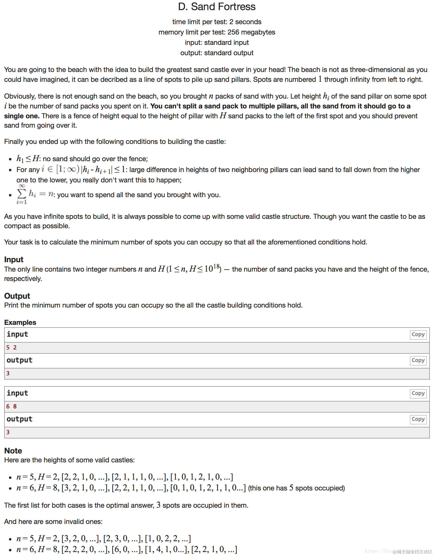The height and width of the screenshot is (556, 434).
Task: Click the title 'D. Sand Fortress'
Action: (x=217, y=7)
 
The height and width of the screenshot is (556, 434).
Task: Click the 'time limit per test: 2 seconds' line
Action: (x=217, y=22)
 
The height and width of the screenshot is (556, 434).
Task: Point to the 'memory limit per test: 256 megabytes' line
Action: (x=217, y=32)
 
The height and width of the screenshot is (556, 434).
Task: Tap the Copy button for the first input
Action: (x=418, y=334)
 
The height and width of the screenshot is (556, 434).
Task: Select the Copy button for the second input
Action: (x=418, y=393)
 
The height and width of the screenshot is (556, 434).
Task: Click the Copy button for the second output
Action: (x=418, y=419)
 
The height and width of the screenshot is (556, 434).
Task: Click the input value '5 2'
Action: (x=11, y=348)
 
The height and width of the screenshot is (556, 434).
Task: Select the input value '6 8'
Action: (x=11, y=407)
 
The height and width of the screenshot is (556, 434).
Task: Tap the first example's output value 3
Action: (x=8, y=373)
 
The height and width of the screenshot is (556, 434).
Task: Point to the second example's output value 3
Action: (x=8, y=432)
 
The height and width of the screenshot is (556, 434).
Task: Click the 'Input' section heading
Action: (x=14, y=260)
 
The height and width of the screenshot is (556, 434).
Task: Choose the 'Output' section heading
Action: (x=17, y=296)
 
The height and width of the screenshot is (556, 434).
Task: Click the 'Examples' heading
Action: (x=20, y=323)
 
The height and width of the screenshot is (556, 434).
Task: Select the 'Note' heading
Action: (x=13, y=451)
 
